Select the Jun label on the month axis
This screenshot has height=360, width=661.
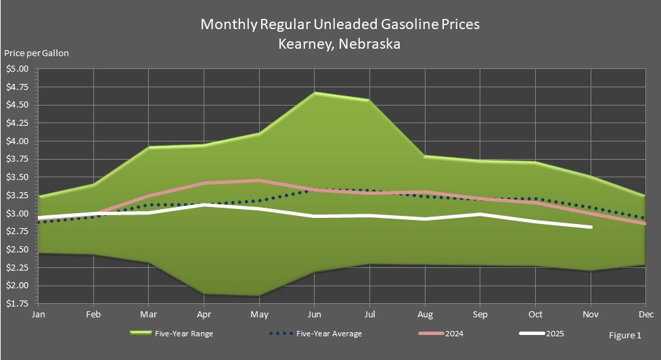point(315,315)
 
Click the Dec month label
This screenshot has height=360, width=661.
point(645,315)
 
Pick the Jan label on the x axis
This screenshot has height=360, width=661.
point(39,315)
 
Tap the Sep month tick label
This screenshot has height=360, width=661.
point(480,315)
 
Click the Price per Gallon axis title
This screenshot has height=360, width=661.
point(37,53)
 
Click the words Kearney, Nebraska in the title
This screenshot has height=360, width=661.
point(339,45)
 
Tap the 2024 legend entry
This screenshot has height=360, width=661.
point(454,334)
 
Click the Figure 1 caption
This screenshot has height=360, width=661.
point(624,335)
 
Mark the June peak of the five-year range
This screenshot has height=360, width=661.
point(315,93)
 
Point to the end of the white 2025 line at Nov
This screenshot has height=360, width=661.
point(591,227)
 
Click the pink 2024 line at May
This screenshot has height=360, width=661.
point(259,181)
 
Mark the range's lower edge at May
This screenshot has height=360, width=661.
point(259,296)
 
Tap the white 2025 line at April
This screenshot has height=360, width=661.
point(204,204)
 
